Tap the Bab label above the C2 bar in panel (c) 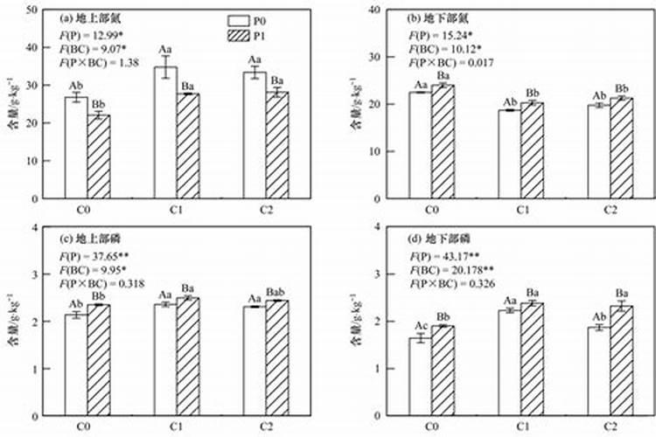point(278,290)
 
